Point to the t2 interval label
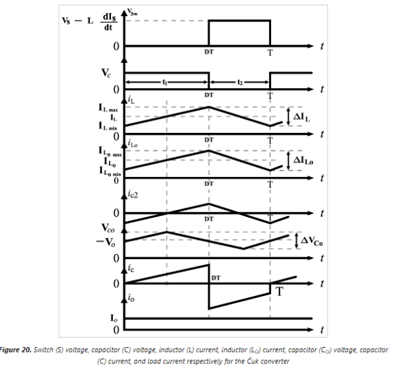click(239, 83)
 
